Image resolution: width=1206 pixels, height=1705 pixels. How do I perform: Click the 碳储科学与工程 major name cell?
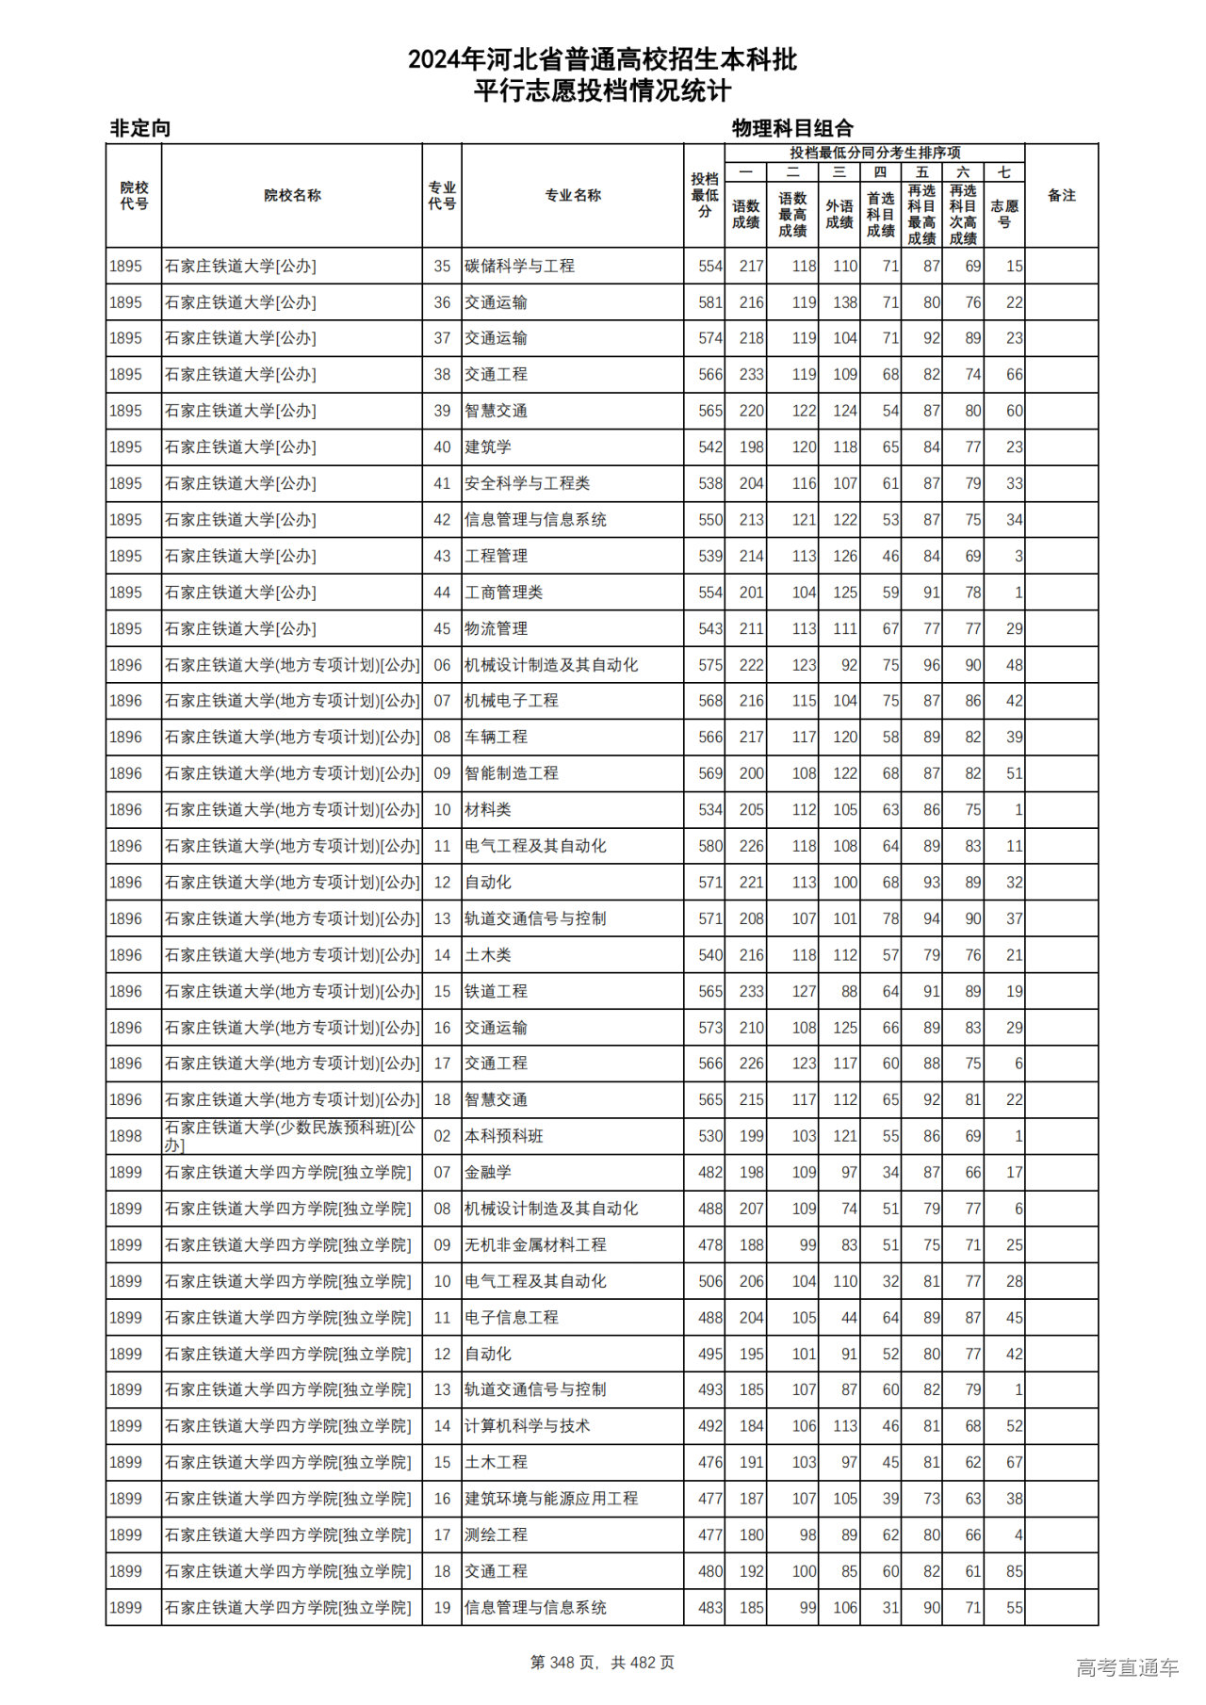click(x=519, y=267)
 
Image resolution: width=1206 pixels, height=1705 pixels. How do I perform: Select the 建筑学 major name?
click(x=488, y=447)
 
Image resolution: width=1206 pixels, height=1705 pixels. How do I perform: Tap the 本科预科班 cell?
click(x=504, y=1136)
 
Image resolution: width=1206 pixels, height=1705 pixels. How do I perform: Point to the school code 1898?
click(x=125, y=1136)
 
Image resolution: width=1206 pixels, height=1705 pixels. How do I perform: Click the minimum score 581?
click(x=709, y=302)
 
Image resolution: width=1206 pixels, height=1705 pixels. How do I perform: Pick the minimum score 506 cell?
click(x=709, y=1281)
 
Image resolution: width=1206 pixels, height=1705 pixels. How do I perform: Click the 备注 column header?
click(x=1061, y=196)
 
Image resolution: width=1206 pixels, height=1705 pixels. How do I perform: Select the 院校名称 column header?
click(x=292, y=196)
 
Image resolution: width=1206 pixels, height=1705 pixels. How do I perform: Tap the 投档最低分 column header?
click(x=704, y=195)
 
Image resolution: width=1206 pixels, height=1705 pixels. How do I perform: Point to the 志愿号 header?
click(x=1004, y=214)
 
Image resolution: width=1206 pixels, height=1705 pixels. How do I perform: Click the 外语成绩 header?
click(x=839, y=214)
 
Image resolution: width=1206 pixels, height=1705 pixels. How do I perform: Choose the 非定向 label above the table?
click(x=140, y=128)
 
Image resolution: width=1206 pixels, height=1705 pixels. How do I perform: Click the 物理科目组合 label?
click(x=792, y=128)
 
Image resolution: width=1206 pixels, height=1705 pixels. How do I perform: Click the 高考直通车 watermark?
click(x=1127, y=1667)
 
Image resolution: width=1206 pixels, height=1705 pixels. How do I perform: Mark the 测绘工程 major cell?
click(x=496, y=1534)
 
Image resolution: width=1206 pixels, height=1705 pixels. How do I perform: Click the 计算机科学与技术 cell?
click(x=527, y=1426)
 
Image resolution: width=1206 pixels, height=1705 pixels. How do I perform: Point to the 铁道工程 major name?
click(x=496, y=991)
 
